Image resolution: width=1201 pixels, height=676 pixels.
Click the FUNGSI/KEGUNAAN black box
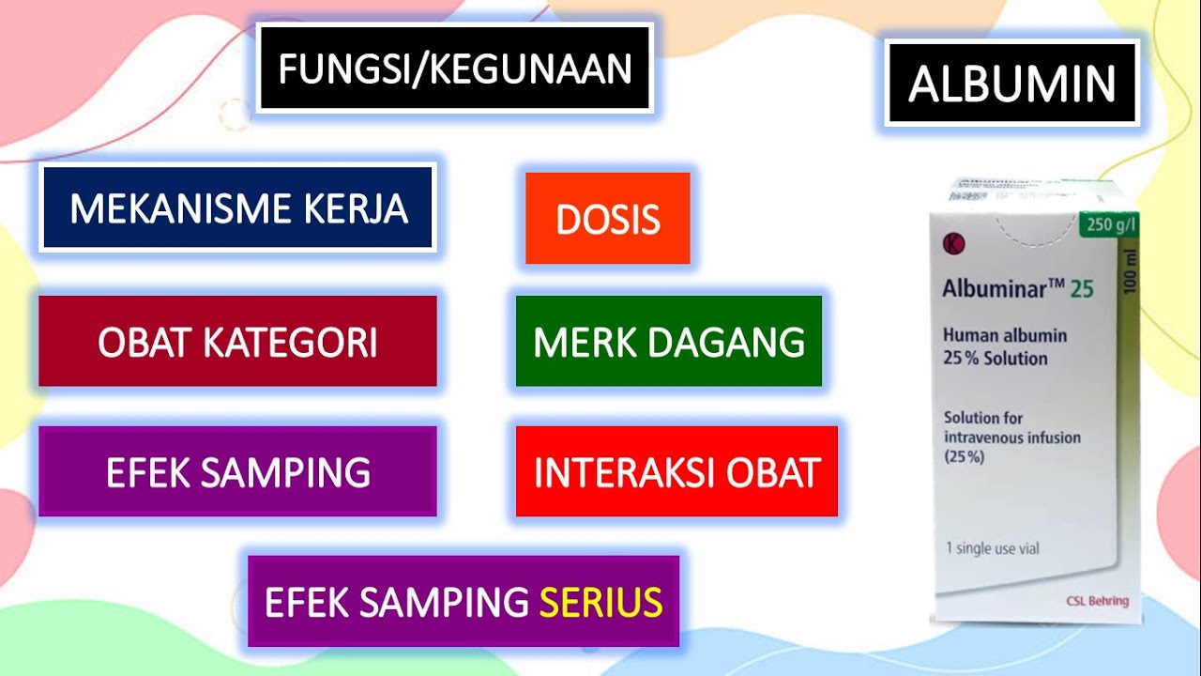tap(454, 69)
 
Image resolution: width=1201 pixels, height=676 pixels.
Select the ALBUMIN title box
tap(1011, 84)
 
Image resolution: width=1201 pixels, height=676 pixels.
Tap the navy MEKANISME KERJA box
tap(237, 207)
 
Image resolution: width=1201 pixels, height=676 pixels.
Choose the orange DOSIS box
tap(607, 219)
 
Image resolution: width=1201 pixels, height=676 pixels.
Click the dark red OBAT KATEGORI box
tap(237, 342)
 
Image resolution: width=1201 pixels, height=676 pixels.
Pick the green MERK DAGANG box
tap(668, 342)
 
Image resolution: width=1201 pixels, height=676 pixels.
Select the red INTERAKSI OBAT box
tap(677, 471)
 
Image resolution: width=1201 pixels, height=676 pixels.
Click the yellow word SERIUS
tap(600, 602)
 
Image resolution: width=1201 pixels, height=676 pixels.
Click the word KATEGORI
tap(291, 343)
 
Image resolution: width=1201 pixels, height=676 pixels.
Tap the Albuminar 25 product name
tap(1017, 289)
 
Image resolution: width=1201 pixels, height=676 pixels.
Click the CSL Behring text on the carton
tap(1098, 601)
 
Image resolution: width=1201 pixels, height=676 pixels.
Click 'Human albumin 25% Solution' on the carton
tap(1004, 346)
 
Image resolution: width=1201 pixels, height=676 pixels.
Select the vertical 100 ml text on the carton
tap(1128, 272)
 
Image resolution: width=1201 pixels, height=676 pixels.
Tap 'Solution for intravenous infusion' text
tap(1011, 428)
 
